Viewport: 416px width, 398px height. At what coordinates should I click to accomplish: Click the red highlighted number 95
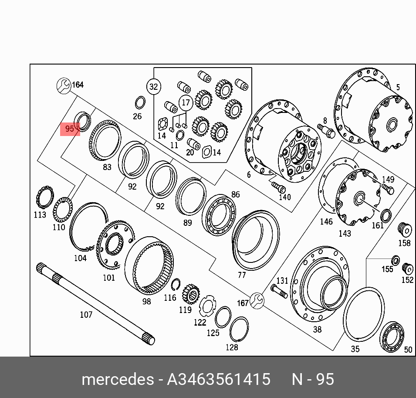tap(70, 129)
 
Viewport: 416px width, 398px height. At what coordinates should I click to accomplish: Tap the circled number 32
tap(154, 87)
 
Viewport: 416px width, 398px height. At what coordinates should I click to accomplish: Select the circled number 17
tap(186, 102)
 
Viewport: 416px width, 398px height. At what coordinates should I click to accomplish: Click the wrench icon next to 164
tap(64, 86)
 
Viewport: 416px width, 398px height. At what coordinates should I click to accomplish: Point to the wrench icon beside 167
tap(257, 300)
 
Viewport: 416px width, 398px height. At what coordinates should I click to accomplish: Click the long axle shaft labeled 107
tap(95, 303)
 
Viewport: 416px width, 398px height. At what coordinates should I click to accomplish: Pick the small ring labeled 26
tap(140, 103)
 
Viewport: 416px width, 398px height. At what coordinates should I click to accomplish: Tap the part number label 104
tap(80, 258)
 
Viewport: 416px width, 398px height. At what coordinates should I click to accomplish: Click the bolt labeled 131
tap(279, 291)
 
